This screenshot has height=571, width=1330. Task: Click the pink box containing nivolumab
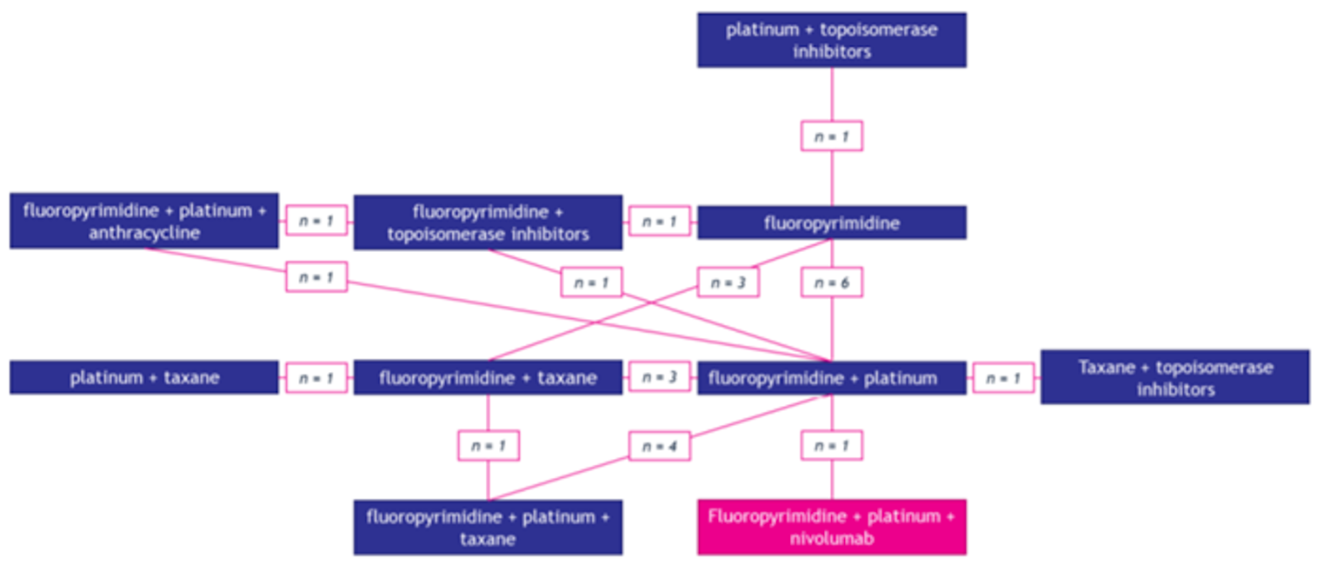click(x=831, y=527)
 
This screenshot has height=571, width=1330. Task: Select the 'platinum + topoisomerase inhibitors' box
click(x=831, y=40)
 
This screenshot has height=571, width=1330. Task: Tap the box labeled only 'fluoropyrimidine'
click(x=831, y=223)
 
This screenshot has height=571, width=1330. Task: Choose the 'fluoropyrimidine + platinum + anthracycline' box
click(x=144, y=222)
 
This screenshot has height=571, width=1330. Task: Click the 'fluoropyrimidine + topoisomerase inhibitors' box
click(x=488, y=222)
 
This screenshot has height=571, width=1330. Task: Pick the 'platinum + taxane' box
click(x=144, y=378)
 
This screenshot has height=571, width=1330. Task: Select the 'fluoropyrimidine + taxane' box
click(x=488, y=378)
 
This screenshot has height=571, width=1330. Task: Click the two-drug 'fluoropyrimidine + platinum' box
click(x=831, y=378)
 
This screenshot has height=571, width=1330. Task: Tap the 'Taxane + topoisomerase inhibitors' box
click(x=1174, y=378)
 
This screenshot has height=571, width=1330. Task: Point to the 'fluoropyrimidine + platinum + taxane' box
click(x=488, y=527)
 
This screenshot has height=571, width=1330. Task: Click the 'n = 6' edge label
click(x=832, y=282)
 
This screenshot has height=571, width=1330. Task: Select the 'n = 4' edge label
click(x=660, y=446)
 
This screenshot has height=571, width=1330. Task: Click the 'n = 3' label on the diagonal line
click(x=728, y=282)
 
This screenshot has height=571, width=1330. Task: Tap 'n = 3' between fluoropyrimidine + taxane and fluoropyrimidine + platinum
click(x=660, y=378)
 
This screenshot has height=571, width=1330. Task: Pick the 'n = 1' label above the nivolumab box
click(x=832, y=446)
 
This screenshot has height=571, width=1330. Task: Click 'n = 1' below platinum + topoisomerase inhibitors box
click(x=832, y=136)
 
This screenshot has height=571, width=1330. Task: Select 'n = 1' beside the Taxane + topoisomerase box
click(x=1003, y=378)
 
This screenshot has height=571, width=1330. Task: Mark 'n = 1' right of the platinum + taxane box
click(x=316, y=378)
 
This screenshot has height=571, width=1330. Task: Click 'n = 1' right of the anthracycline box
click(x=316, y=222)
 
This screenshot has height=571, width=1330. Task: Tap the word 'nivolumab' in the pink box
click(x=831, y=538)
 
